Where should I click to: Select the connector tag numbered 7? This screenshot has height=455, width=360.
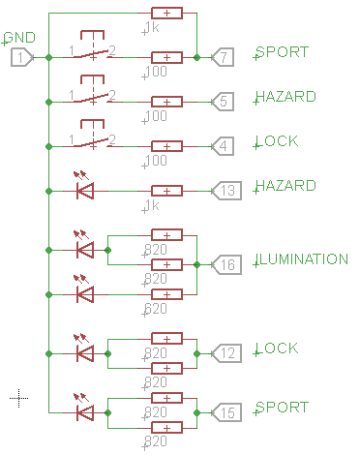[x=222, y=58]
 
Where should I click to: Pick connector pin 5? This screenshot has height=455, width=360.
[x=222, y=101]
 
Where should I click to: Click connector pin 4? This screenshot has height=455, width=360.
[x=222, y=146]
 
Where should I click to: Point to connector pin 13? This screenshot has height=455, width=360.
[x=224, y=191]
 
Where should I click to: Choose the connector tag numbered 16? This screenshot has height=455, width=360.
[x=224, y=264]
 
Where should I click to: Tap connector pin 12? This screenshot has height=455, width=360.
[x=224, y=353]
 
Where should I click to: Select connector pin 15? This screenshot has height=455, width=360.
[x=224, y=412]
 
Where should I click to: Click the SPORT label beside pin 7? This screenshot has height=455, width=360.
[x=282, y=51]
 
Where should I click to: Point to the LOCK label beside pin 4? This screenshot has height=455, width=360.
[x=277, y=142]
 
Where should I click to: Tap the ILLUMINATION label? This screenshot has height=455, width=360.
[x=301, y=259]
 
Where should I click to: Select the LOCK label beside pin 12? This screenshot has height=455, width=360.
[x=277, y=349]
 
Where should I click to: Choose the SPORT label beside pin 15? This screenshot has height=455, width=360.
[x=282, y=408]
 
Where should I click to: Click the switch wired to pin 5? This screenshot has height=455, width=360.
[x=93, y=97]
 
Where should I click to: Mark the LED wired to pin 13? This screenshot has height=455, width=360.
[x=85, y=191]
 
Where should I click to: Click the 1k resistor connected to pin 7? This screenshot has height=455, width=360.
[x=167, y=14]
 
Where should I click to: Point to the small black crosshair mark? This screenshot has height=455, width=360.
[x=19, y=397]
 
